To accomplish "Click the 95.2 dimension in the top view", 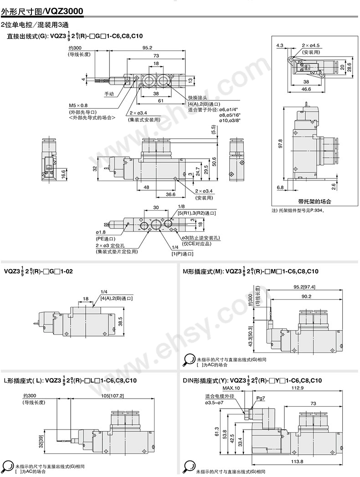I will (147, 48).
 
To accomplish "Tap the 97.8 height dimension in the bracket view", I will (281, 143).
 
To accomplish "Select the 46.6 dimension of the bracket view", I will (306, 89).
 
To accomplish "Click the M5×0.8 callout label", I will (78, 104).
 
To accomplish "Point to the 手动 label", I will (109, 94).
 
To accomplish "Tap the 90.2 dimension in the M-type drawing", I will (306, 296).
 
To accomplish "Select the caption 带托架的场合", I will (314, 201).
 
